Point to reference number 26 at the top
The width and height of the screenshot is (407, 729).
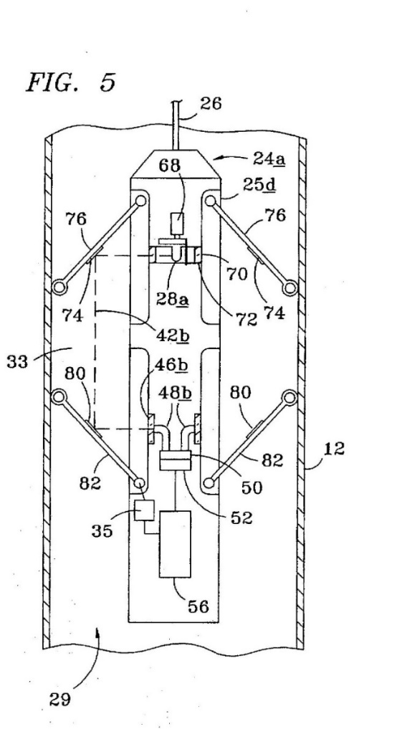click(x=211, y=104)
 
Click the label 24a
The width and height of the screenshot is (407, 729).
click(x=269, y=159)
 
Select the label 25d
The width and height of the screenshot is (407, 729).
click(x=259, y=186)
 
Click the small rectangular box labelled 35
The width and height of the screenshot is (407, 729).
click(x=143, y=511)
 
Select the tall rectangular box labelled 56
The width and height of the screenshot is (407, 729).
click(x=175, y=544)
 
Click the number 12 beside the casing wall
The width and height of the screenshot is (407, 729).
click(x=334, y=449)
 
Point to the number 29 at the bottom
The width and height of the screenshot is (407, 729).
click(x=60, y=699)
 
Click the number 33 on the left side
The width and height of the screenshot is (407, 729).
click(x=18, y=361)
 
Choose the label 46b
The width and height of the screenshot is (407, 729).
click(x=171, y=366)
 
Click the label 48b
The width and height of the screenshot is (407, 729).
click(x=175, y=394)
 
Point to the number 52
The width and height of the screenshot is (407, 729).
click(x=241, y=517)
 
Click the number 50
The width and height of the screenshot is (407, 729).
click(x=252, y=487)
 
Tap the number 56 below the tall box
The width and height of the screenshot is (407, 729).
click(x=198, y=606)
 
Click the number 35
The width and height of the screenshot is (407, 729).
click(x=102, y=530)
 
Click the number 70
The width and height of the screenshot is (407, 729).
click(x=236, y=275)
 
